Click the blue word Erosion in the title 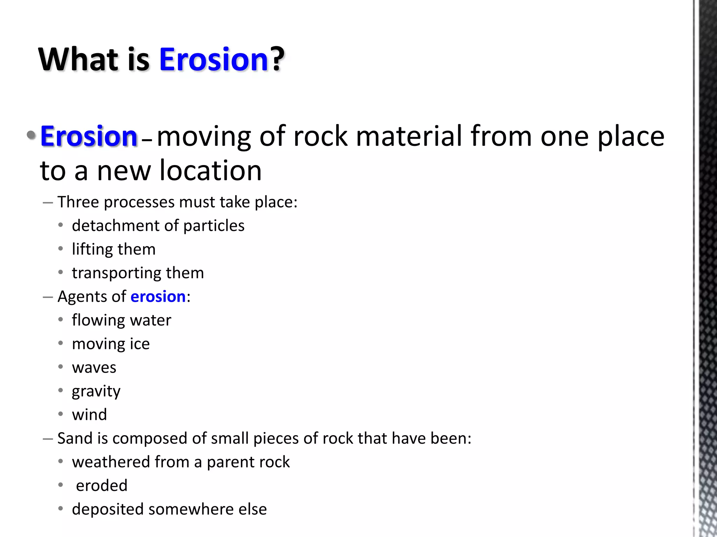click(x=214, y=59)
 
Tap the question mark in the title click(x=278, y=59)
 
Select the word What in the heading click(x=78, y=59)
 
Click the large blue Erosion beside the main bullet click(x=89, y=136)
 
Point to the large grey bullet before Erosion click(x=31, y=135)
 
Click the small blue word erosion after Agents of click(x=158, y=297)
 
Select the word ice click(x=140, y=344)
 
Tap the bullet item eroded click(x=102, y=486)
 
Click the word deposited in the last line click(x=107, y=509)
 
